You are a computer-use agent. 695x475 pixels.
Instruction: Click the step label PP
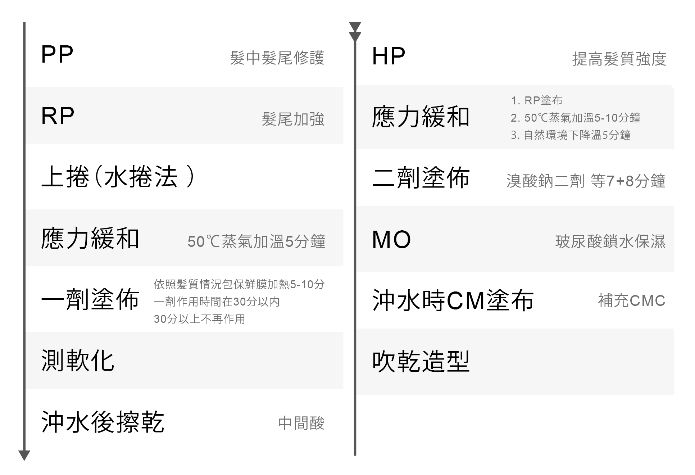tap(57, 55)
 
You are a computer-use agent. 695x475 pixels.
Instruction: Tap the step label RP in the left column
tap(58, 116)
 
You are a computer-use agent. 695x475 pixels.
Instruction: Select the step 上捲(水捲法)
tap(118, 177)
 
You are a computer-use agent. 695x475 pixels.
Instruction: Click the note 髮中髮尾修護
tap(277, 58)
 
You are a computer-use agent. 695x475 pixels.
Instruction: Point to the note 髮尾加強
tap(293, 119)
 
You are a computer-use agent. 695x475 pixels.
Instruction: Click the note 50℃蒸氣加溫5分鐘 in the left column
tap(256, 241)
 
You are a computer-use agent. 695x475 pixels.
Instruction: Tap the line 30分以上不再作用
tap(199, 319)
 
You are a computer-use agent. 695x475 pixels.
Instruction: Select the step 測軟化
tap(78, 361)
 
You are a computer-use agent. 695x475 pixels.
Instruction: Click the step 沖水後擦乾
tap(103, 422)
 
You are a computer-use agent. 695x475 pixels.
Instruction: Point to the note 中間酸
tap(301, 423)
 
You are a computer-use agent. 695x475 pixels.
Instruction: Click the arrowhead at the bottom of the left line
tap(24, 455)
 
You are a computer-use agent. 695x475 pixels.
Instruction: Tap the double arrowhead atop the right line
tap(355, 32)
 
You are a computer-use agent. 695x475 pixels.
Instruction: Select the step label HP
tap(389, 56)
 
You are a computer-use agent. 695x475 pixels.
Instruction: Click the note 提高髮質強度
tap(619, 59)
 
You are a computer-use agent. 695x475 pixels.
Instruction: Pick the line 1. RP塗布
tap(536, 100)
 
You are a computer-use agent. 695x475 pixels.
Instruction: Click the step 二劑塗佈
tap(421, 178)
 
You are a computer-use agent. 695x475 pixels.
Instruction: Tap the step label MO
tap(391, 240)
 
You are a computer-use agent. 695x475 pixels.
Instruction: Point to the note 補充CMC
tap(632, 301)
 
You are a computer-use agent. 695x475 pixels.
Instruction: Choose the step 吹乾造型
tap(421, 361)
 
